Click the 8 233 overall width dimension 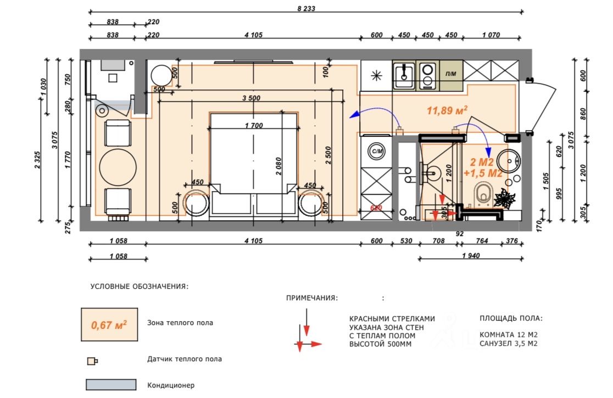[x=306, y=9]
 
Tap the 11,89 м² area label [x=447, y=110]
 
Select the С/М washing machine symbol [x=377, y=151]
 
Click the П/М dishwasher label [x=451, y=74]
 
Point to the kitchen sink [x=404, y=75]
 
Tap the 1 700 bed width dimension [x=254, y=125]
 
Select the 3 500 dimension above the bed [x=251, y=98]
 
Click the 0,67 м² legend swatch [x=109, y=324]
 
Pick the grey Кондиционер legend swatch [x=111, y=385]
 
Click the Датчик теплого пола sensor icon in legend [x=92, y=361]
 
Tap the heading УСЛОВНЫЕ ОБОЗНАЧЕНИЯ [x=139, y=287]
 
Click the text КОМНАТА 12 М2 [x=508, y=335]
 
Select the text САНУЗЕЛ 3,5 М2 [x=508, y=344]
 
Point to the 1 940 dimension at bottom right [x=471, y=255]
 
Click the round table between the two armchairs [x=118, y=167]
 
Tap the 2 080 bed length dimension [x=278, y=166]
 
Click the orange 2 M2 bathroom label [x=482, y=162]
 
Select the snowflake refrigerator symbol [x=376, y=75]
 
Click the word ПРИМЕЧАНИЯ [x=311, y=298]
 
